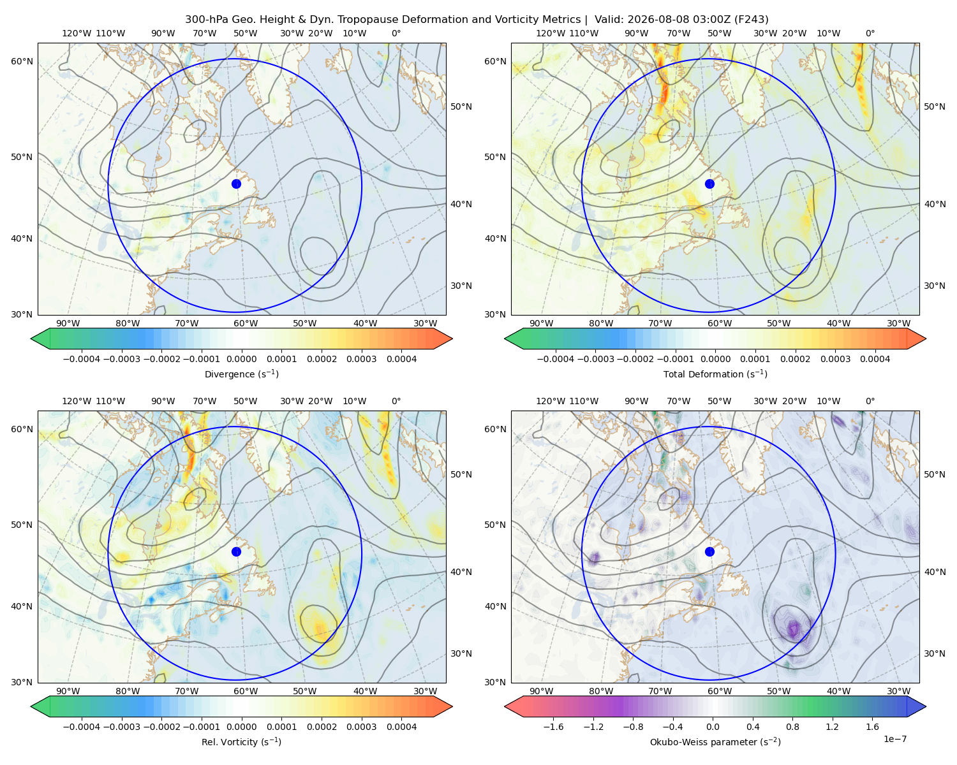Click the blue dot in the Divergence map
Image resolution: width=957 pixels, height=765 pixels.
[x=236, y=184]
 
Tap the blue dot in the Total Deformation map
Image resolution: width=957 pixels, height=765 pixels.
[x=709, y=184]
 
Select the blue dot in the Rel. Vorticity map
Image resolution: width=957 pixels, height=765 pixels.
[x=236, y=551]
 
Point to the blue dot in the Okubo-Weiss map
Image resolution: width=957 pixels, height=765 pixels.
[x=709, y=551]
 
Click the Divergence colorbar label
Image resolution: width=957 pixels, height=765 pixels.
[x=241, y=374]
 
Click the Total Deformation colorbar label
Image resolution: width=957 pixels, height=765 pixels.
[x=715, y=374]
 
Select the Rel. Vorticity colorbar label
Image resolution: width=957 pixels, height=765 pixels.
[x=241, y=741]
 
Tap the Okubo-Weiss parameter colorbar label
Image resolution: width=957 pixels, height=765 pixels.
[x=715, y=741]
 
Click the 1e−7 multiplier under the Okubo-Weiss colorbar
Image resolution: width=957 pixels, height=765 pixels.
[x=894, y=739]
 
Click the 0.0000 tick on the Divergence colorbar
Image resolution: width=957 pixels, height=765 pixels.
[x=241, y=359]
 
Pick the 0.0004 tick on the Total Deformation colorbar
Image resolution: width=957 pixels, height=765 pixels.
[x=875, y=359]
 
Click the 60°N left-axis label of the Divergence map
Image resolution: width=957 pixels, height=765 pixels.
[x=22, y=61]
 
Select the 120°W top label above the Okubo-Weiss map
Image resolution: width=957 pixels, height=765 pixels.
[x=550, y=401]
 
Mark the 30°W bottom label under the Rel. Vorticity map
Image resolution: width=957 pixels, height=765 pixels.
[x=425, y=691]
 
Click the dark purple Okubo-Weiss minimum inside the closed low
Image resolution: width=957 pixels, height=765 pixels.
[x=793, y=629]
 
